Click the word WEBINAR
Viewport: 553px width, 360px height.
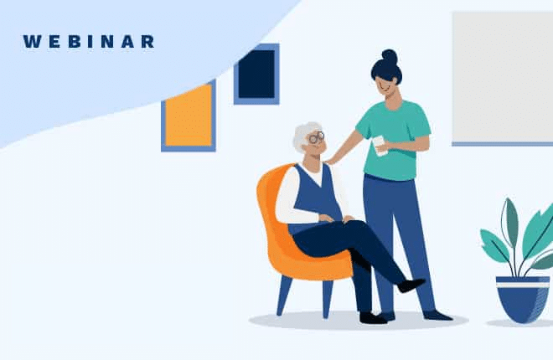pyautogui.click(x=88, y=42)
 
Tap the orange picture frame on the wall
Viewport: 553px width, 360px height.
pyautogui.click(x=188, y=116)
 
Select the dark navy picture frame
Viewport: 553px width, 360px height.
pyautogui.click(x=256, y=74)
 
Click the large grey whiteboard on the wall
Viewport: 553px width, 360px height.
pyautogui.click(x=502, y=75)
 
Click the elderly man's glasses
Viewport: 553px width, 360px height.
pyautogui.click(x=316, y=137)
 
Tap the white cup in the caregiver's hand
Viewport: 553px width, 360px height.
pyautogui.click(x=380, y=146)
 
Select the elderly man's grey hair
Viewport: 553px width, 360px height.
pyautogui.click(x=303, y=134)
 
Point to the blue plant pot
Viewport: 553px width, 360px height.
pyautogui.click(x=522, y=298)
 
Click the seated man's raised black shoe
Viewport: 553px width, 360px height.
pyautogui.click(x=411, y=285)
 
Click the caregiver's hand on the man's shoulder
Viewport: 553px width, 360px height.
pyautogui.click(x=333, y=158)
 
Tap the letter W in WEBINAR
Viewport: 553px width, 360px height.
pyautogui.click(x=30, y=42)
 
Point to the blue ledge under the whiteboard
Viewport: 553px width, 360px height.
pyautogui.click(x=502, y=144)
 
